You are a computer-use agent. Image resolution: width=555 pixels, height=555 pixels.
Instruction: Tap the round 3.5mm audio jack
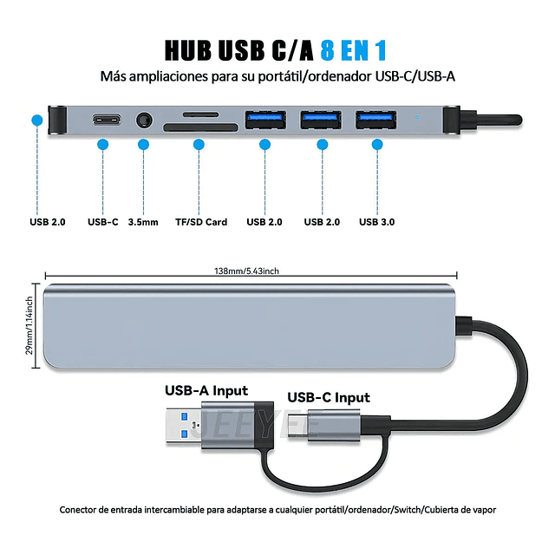[144, 118]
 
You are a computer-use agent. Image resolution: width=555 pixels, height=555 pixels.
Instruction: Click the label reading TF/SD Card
[200, 222]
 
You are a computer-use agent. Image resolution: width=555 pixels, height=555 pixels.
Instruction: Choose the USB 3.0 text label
[376, 222]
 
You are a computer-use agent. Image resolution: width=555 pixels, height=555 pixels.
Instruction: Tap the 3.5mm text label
[143, 222]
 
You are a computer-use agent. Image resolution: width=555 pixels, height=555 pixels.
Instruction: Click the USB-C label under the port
[102, 222]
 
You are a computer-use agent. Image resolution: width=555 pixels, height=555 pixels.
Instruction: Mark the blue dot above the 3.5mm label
[144, 145]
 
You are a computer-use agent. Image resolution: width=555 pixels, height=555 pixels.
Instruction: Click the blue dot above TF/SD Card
[199, 145]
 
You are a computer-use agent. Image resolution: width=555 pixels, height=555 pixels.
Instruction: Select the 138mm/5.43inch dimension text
[247, 271]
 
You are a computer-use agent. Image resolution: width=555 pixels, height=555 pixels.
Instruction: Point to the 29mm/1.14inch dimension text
[29, 325]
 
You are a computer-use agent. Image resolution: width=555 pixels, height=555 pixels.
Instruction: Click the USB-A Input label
[206, 390]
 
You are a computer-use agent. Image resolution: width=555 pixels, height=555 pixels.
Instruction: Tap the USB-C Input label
[329, 398]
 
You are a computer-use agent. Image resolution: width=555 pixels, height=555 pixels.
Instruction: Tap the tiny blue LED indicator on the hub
[418, 116]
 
